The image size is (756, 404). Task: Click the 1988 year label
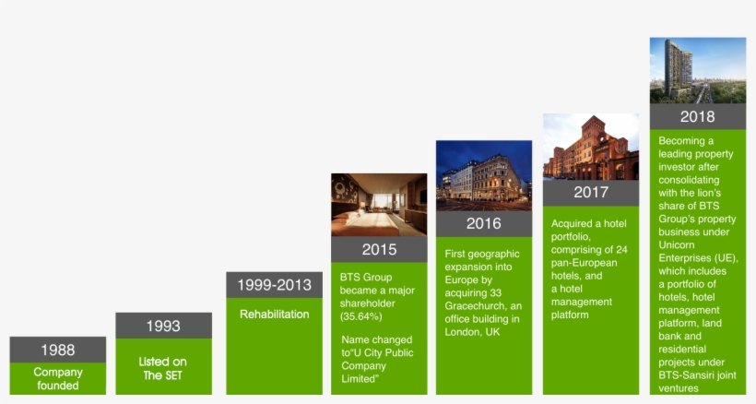57,350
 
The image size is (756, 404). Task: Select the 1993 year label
163,326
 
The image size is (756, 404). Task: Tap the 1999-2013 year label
274,285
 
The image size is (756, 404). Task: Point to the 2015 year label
379,249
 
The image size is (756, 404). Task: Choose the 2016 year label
483,223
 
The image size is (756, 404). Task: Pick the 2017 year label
591,193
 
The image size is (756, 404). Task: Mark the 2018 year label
697,116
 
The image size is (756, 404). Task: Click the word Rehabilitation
274,315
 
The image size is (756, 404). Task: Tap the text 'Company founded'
58,379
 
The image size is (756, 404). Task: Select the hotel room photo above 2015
379,204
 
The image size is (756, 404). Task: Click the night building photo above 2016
483,175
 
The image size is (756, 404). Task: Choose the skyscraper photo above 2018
697,70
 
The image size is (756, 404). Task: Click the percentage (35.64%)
360,315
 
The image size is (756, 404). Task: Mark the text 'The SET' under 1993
163,374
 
